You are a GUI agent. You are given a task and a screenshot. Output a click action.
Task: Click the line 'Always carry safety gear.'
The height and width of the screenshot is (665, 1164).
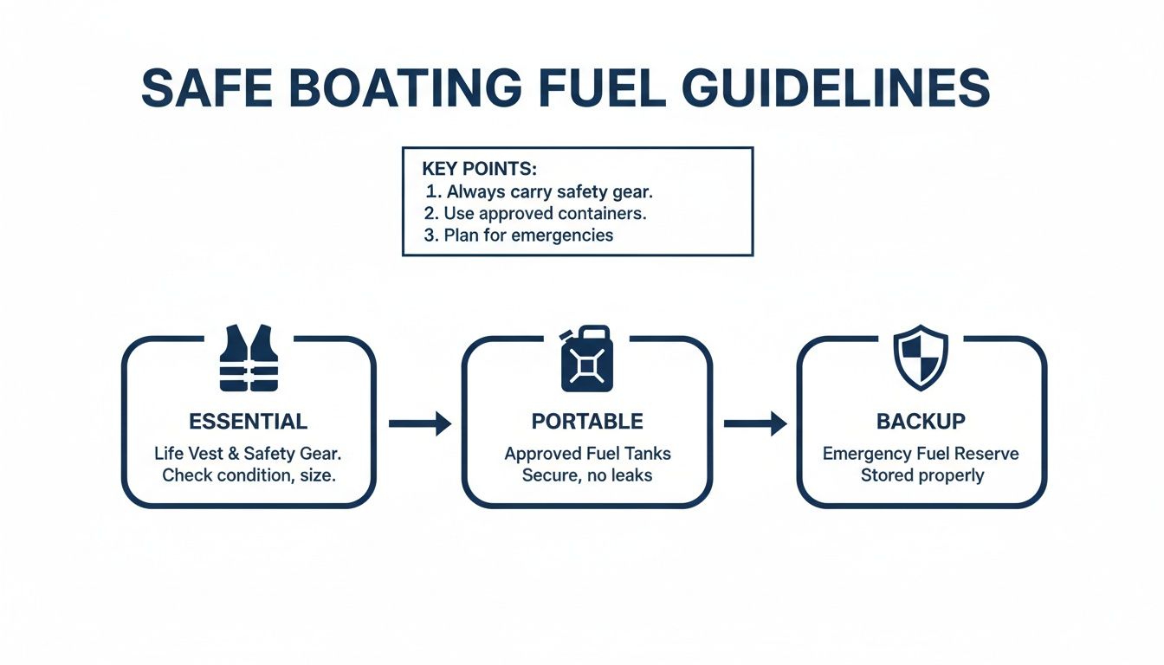pos(552,191)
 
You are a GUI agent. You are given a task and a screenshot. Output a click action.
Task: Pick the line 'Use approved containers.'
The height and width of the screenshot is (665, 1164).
pos(545,213)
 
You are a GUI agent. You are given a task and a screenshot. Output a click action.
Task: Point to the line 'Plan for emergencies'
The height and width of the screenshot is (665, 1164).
pos(528,235)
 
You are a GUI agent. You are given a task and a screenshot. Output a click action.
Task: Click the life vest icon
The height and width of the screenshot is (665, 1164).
pos(249,358)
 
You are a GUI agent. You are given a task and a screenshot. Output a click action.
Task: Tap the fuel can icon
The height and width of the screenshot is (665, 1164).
pos(586,358)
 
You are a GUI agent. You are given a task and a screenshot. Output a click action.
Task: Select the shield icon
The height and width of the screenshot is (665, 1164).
pos(921,358)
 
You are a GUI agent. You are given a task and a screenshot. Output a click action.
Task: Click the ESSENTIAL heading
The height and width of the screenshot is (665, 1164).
pos(248,422)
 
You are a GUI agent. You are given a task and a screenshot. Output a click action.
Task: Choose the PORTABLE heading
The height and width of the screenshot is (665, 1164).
pos(587,422)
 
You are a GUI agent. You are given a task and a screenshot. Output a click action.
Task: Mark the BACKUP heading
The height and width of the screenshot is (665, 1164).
pos(921,422)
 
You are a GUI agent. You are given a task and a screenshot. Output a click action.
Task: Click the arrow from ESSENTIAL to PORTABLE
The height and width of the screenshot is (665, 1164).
pos(420,423)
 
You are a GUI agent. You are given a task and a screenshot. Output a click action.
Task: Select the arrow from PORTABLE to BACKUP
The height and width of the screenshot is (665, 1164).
pos(754,423)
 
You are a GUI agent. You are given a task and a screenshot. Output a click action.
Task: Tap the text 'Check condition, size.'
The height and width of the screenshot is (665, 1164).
pos(249,475)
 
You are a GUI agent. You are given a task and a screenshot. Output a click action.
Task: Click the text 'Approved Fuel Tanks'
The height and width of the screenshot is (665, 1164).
pos(587,454)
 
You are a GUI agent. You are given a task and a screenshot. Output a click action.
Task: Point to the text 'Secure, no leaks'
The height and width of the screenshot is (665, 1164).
pos(587,475)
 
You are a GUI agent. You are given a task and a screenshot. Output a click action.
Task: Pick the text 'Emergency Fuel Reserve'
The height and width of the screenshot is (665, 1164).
pos(921,454)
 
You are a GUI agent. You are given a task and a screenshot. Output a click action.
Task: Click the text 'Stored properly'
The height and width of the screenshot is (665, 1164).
pos(921,475)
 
